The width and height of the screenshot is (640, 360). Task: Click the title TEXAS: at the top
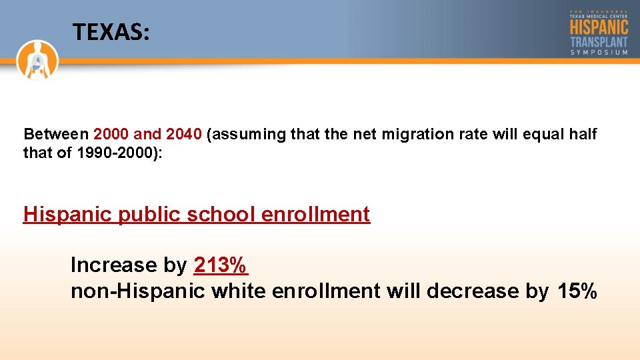(x=111, y=31)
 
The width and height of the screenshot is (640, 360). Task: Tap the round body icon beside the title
(x=39, y=59)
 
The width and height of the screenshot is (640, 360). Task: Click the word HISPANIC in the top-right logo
(x=599, y=27)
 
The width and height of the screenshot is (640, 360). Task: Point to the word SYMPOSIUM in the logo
(x=599, y=53)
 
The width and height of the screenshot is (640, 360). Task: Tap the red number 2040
(x=184, y=134)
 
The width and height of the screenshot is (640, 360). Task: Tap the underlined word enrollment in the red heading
(x=316, y=214)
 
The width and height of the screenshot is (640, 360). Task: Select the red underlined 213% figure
(x=221, y=265)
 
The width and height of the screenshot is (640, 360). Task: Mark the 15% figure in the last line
(x=577, y=291)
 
